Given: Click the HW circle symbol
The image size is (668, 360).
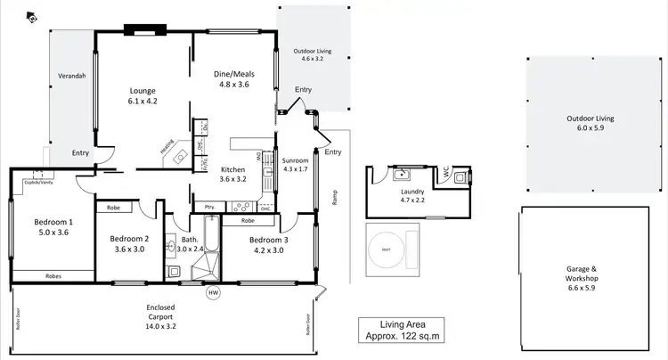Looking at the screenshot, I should [213, 292].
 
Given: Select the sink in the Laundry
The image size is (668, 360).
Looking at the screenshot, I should [403, 173].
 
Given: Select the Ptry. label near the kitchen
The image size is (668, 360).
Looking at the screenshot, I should [210, 207].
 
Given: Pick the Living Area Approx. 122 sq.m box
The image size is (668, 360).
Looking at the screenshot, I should [400, 330].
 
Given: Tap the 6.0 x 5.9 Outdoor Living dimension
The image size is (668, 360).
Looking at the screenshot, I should [591, 128].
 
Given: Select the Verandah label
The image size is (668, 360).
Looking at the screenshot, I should [71, 76].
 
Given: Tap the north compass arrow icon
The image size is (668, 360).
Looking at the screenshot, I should [33, 17].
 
